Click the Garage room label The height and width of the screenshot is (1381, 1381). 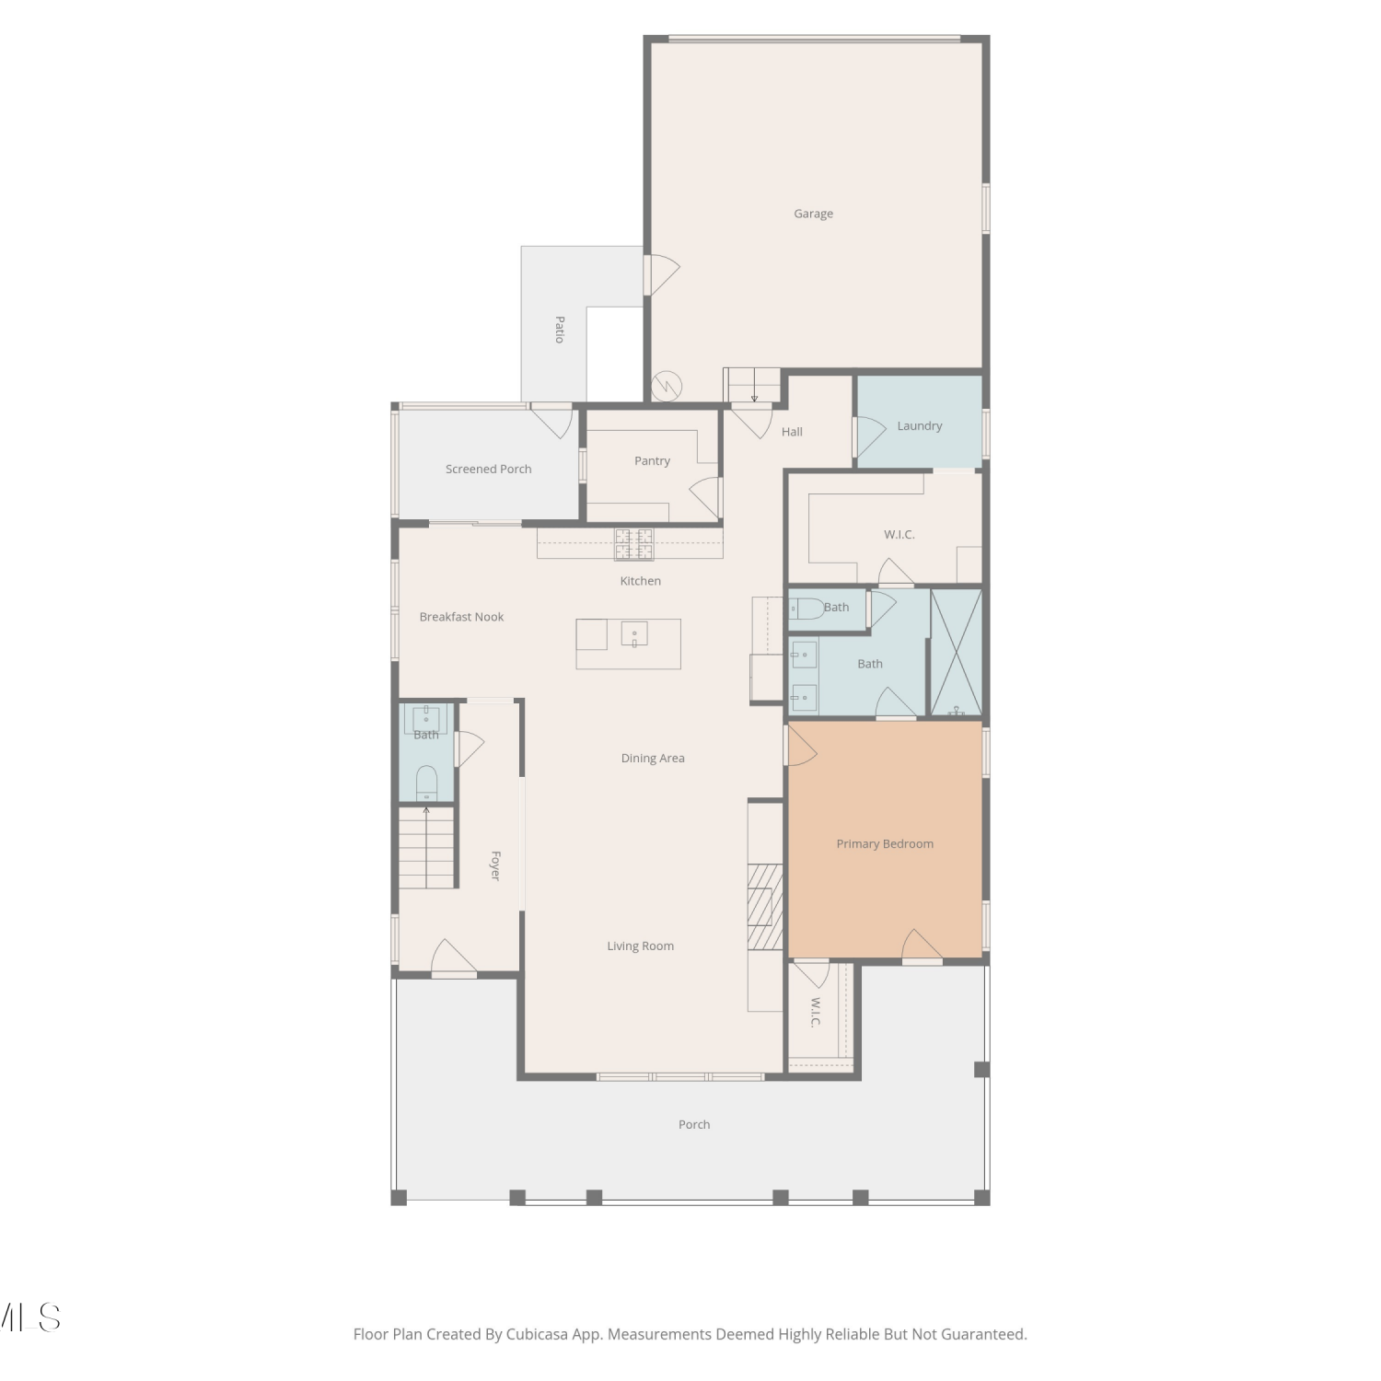(813, 214)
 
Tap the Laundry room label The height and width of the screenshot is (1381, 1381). (919, 426)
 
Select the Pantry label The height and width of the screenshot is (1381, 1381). (652, 461)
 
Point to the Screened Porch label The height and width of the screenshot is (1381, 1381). (488, 470)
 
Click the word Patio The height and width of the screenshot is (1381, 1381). (559, 330)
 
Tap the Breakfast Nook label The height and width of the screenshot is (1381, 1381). (461, 617)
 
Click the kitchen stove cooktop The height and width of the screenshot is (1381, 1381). (634, 543)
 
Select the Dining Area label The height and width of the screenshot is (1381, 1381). (653, 759)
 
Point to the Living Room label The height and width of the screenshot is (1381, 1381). (640, 946)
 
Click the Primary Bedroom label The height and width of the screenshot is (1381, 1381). (885, 844)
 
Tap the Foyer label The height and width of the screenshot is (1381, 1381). (495, 865)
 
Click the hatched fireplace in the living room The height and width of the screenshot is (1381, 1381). (764, 906)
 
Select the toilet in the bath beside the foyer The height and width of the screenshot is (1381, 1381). (426, 782)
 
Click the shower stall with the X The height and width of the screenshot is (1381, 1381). (957, 652)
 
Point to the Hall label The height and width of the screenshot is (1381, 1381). (792, 432)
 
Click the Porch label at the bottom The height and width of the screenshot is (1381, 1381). (694, 1125)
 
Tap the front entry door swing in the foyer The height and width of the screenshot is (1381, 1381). (453, 957)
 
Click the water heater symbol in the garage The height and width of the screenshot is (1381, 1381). (666, 386)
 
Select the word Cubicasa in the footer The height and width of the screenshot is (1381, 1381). (537, 1334)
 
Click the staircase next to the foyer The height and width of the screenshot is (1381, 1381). (427, 847)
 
